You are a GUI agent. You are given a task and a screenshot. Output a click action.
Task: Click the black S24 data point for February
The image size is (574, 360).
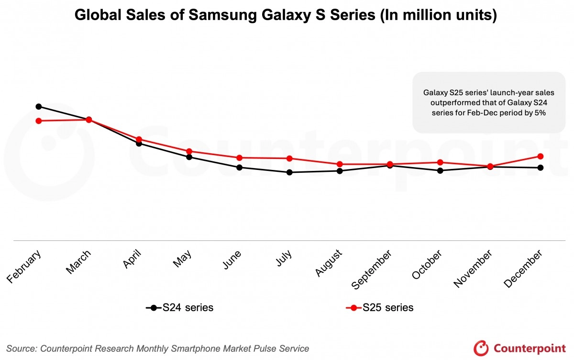[38, 106]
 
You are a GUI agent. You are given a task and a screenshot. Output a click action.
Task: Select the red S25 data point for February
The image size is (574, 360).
[38, 121]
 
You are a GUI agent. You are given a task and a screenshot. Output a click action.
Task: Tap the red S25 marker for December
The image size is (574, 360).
[541, 156]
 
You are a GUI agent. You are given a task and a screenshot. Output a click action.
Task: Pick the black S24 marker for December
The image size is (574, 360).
[541, 168]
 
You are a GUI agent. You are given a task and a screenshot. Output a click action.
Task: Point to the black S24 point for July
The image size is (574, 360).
[289, 172]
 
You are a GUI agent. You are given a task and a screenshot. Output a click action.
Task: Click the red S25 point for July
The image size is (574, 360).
[289, 158]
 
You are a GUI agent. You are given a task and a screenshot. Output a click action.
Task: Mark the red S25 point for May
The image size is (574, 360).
[189, 151]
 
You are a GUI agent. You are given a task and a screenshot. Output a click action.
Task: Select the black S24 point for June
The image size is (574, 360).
[239, 167]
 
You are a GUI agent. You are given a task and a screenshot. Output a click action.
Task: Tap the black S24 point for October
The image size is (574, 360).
[440, 170]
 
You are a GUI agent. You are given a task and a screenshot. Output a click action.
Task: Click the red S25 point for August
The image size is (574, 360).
[340, 164]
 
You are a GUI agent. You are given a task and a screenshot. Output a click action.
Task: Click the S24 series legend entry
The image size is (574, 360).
[180, 308]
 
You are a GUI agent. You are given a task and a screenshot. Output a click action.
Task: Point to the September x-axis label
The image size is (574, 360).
[373, 269]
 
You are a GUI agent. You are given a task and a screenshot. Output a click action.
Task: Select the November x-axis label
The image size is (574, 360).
[473, 269]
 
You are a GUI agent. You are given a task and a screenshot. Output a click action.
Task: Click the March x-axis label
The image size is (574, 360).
[78, 262]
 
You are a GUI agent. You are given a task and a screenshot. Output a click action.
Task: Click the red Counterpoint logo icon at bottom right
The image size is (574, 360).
[480, 348]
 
